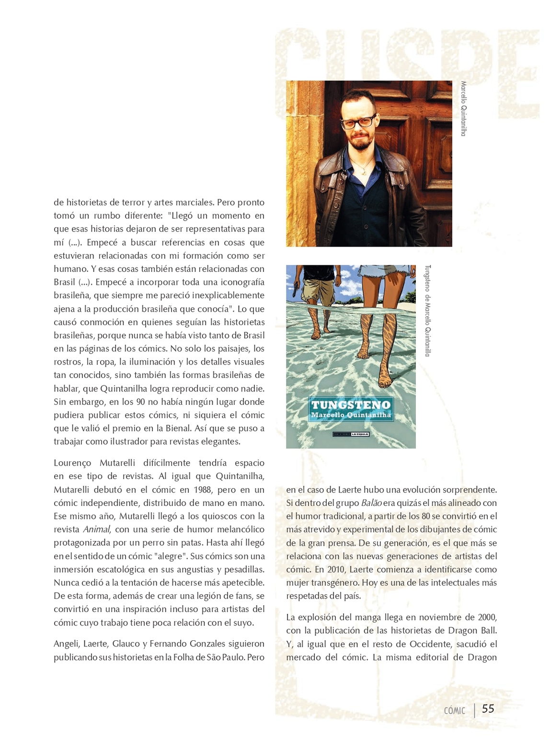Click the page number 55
pos(488,709)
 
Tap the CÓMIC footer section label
pos(454,711)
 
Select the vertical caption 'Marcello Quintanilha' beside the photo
pos(463,108)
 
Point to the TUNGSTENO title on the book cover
pos(351,405)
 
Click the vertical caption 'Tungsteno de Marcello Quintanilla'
pos(427,310)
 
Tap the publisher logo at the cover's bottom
pos(351,435)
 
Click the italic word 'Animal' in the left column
pos(96,529)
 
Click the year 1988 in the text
pos(203,490)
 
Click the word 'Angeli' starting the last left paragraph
pos(66,644)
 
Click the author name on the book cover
pos(351,415)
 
